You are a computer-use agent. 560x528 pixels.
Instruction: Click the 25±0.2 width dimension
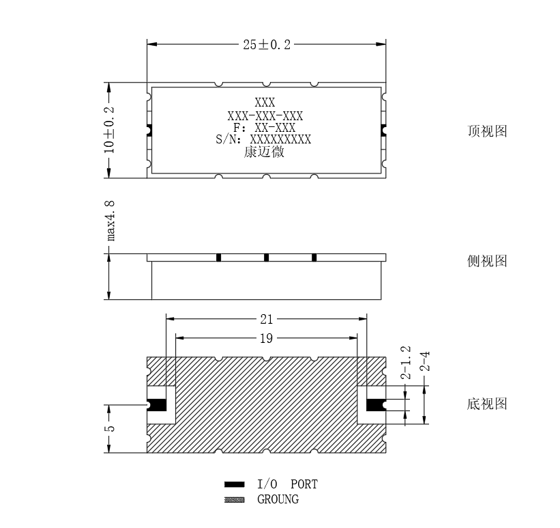267,44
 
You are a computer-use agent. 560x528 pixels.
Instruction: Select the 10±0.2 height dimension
109,130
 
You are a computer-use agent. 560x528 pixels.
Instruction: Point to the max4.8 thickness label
110,221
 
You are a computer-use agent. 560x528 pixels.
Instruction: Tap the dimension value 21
267,319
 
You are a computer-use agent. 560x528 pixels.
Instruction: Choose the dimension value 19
267,338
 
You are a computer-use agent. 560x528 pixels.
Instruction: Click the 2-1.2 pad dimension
406,363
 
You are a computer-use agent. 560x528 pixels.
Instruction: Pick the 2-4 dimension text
425,361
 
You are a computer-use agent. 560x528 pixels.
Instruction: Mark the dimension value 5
110,428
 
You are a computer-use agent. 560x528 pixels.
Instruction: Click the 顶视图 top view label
487,131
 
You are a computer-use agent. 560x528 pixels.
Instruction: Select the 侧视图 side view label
487,261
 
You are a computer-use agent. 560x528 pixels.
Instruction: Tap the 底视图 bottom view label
487,404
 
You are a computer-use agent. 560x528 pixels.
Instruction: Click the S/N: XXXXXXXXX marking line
263,139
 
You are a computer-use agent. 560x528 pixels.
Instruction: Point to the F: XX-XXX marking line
265,128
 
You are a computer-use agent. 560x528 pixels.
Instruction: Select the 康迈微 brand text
264,152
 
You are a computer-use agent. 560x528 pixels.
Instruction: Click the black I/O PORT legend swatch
234,484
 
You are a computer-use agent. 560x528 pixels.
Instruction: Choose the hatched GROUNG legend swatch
234,500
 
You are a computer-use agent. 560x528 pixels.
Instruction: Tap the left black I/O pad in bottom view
157,405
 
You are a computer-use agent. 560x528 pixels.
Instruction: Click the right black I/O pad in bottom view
376,405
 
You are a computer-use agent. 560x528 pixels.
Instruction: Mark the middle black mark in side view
266,258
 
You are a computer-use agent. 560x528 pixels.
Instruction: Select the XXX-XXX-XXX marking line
265,116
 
